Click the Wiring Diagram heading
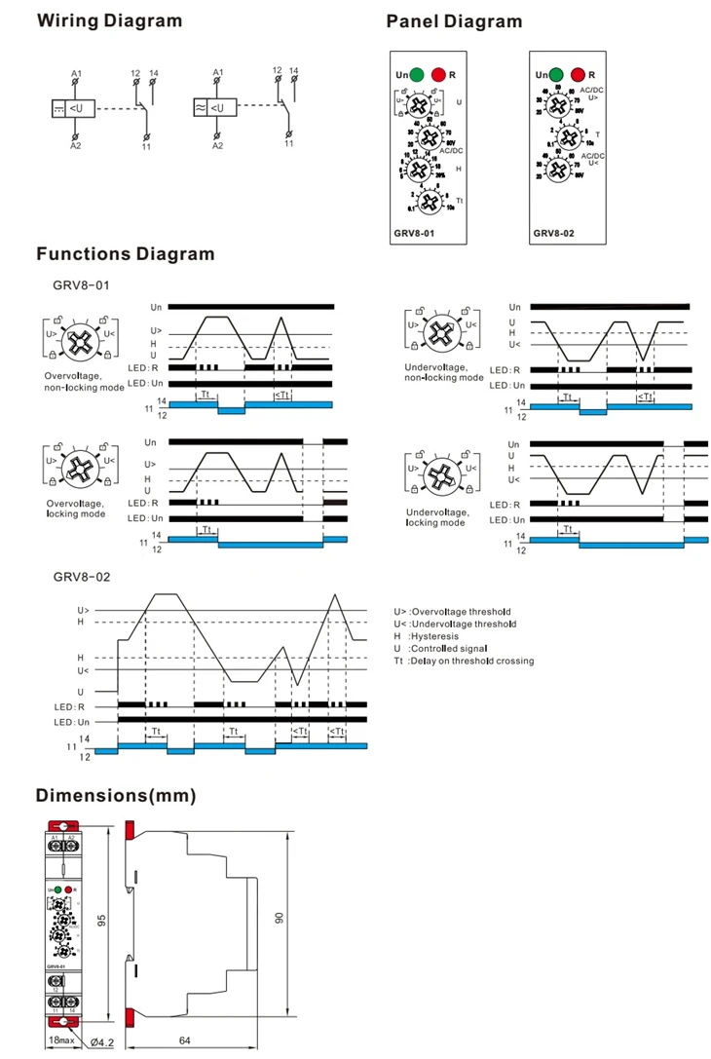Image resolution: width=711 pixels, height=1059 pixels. pyautogui.click(x=109, y=21)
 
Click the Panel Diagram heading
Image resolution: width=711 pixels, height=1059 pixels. pyautogui.click(x=454, y=21)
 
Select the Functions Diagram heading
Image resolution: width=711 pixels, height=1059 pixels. pyautogui.click(x=125, y=254)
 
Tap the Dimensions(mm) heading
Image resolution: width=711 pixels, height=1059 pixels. pyautogui.click(x=116, y=796)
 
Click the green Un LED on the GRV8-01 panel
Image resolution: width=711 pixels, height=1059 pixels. pyautogui.click(x=417, y=74)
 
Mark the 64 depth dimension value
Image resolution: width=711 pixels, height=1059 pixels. pyautogui.click(x=185, y=1040)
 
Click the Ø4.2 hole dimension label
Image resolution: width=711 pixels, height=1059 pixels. pyautogui.click(x=102, y=1042)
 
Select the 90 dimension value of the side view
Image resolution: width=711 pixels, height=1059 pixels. pyautogui.click(x=279, y=919)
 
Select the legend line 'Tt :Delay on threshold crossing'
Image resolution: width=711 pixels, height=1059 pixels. pyautogui.click(x=464, y=661)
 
